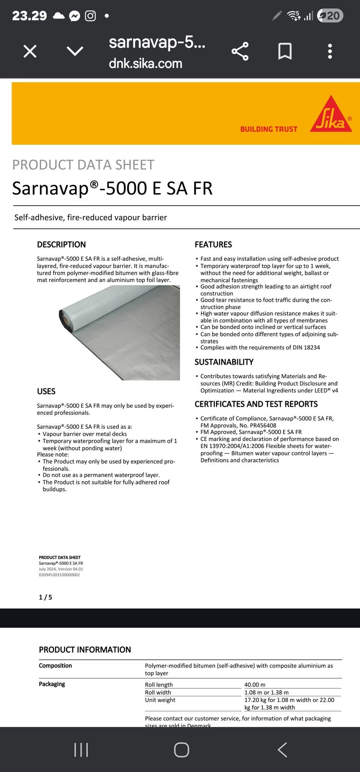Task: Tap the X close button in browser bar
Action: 30,51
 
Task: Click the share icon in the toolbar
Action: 240,51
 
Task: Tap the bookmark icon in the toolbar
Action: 285,51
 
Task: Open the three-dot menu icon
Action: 330,51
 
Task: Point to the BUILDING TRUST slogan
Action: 268,129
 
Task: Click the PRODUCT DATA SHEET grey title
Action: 83,165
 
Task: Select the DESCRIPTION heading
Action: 61,244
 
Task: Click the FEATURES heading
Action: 213,244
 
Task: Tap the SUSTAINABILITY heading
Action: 224,362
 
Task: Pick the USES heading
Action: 46,391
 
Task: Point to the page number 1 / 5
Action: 45,597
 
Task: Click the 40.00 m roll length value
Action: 255,685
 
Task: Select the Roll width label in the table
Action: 158,693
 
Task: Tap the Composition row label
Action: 55,666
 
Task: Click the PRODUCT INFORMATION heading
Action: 85,650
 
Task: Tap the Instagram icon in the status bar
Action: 90,16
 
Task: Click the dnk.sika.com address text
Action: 145,63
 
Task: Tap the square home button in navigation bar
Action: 181,750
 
